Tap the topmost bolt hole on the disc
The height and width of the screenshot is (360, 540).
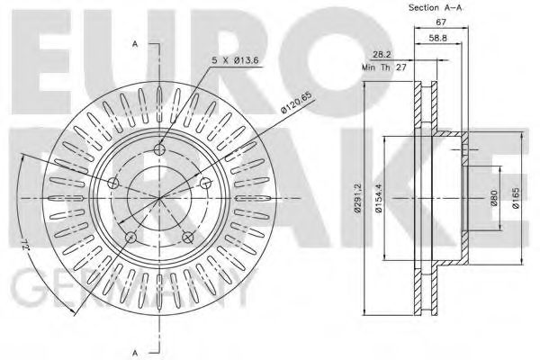coord(160,148)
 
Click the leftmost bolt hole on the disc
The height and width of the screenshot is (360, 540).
coord(113,184)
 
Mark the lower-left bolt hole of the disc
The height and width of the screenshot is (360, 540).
coord(131,238)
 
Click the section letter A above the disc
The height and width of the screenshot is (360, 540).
coord(135,43)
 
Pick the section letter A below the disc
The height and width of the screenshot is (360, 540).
coord(135,350)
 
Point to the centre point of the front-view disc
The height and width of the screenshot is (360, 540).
coord(160,198)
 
